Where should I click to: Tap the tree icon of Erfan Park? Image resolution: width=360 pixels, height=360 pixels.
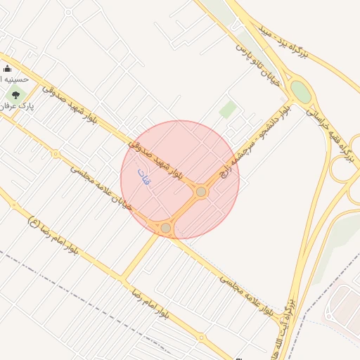point(15,95)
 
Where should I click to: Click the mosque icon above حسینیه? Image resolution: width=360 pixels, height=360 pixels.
point(8,68)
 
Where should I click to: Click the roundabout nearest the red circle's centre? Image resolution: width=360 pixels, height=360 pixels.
point(201,191)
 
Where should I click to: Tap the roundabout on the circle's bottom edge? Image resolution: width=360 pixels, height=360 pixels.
point(166,228)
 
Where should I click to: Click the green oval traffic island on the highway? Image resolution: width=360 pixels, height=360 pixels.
point(300,91)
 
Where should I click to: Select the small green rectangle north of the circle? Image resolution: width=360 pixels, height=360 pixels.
point(227,109)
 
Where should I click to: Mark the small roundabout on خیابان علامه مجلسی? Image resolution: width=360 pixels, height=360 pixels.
point(56,154)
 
